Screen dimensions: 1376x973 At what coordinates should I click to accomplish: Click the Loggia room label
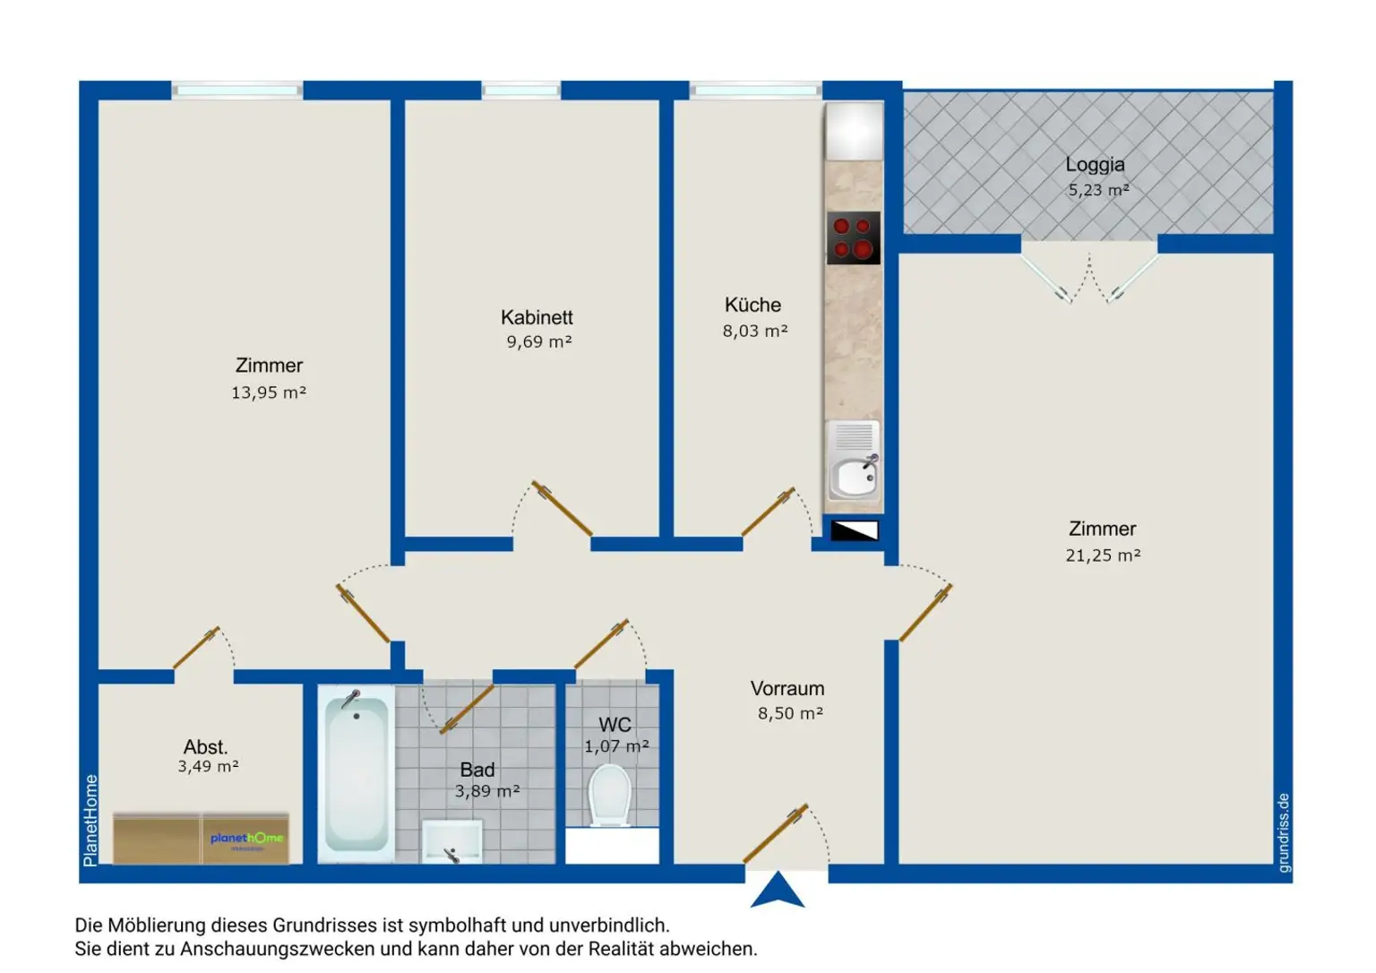1095,165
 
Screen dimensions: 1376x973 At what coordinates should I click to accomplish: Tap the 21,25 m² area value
1103,555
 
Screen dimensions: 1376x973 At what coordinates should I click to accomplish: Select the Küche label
752,305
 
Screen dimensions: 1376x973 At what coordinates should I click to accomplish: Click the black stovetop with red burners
853,238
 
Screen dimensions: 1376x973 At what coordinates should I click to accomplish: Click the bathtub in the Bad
357,774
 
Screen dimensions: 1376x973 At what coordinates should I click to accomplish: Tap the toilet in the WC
609,796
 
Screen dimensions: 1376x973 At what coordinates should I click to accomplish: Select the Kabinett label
537,317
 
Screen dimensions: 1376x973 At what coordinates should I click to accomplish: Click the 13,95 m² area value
269,392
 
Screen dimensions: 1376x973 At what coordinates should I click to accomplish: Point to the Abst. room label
206,747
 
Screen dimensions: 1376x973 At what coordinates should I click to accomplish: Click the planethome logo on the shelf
247,839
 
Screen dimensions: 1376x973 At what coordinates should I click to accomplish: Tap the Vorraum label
787,689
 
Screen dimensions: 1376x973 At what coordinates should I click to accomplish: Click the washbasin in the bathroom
452,841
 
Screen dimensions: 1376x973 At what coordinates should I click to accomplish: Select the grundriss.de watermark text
1283,832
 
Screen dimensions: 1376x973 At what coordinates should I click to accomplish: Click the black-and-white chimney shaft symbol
855,530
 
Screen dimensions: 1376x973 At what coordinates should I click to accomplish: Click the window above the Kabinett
520,90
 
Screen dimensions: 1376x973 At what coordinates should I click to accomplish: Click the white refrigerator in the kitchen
854,131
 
